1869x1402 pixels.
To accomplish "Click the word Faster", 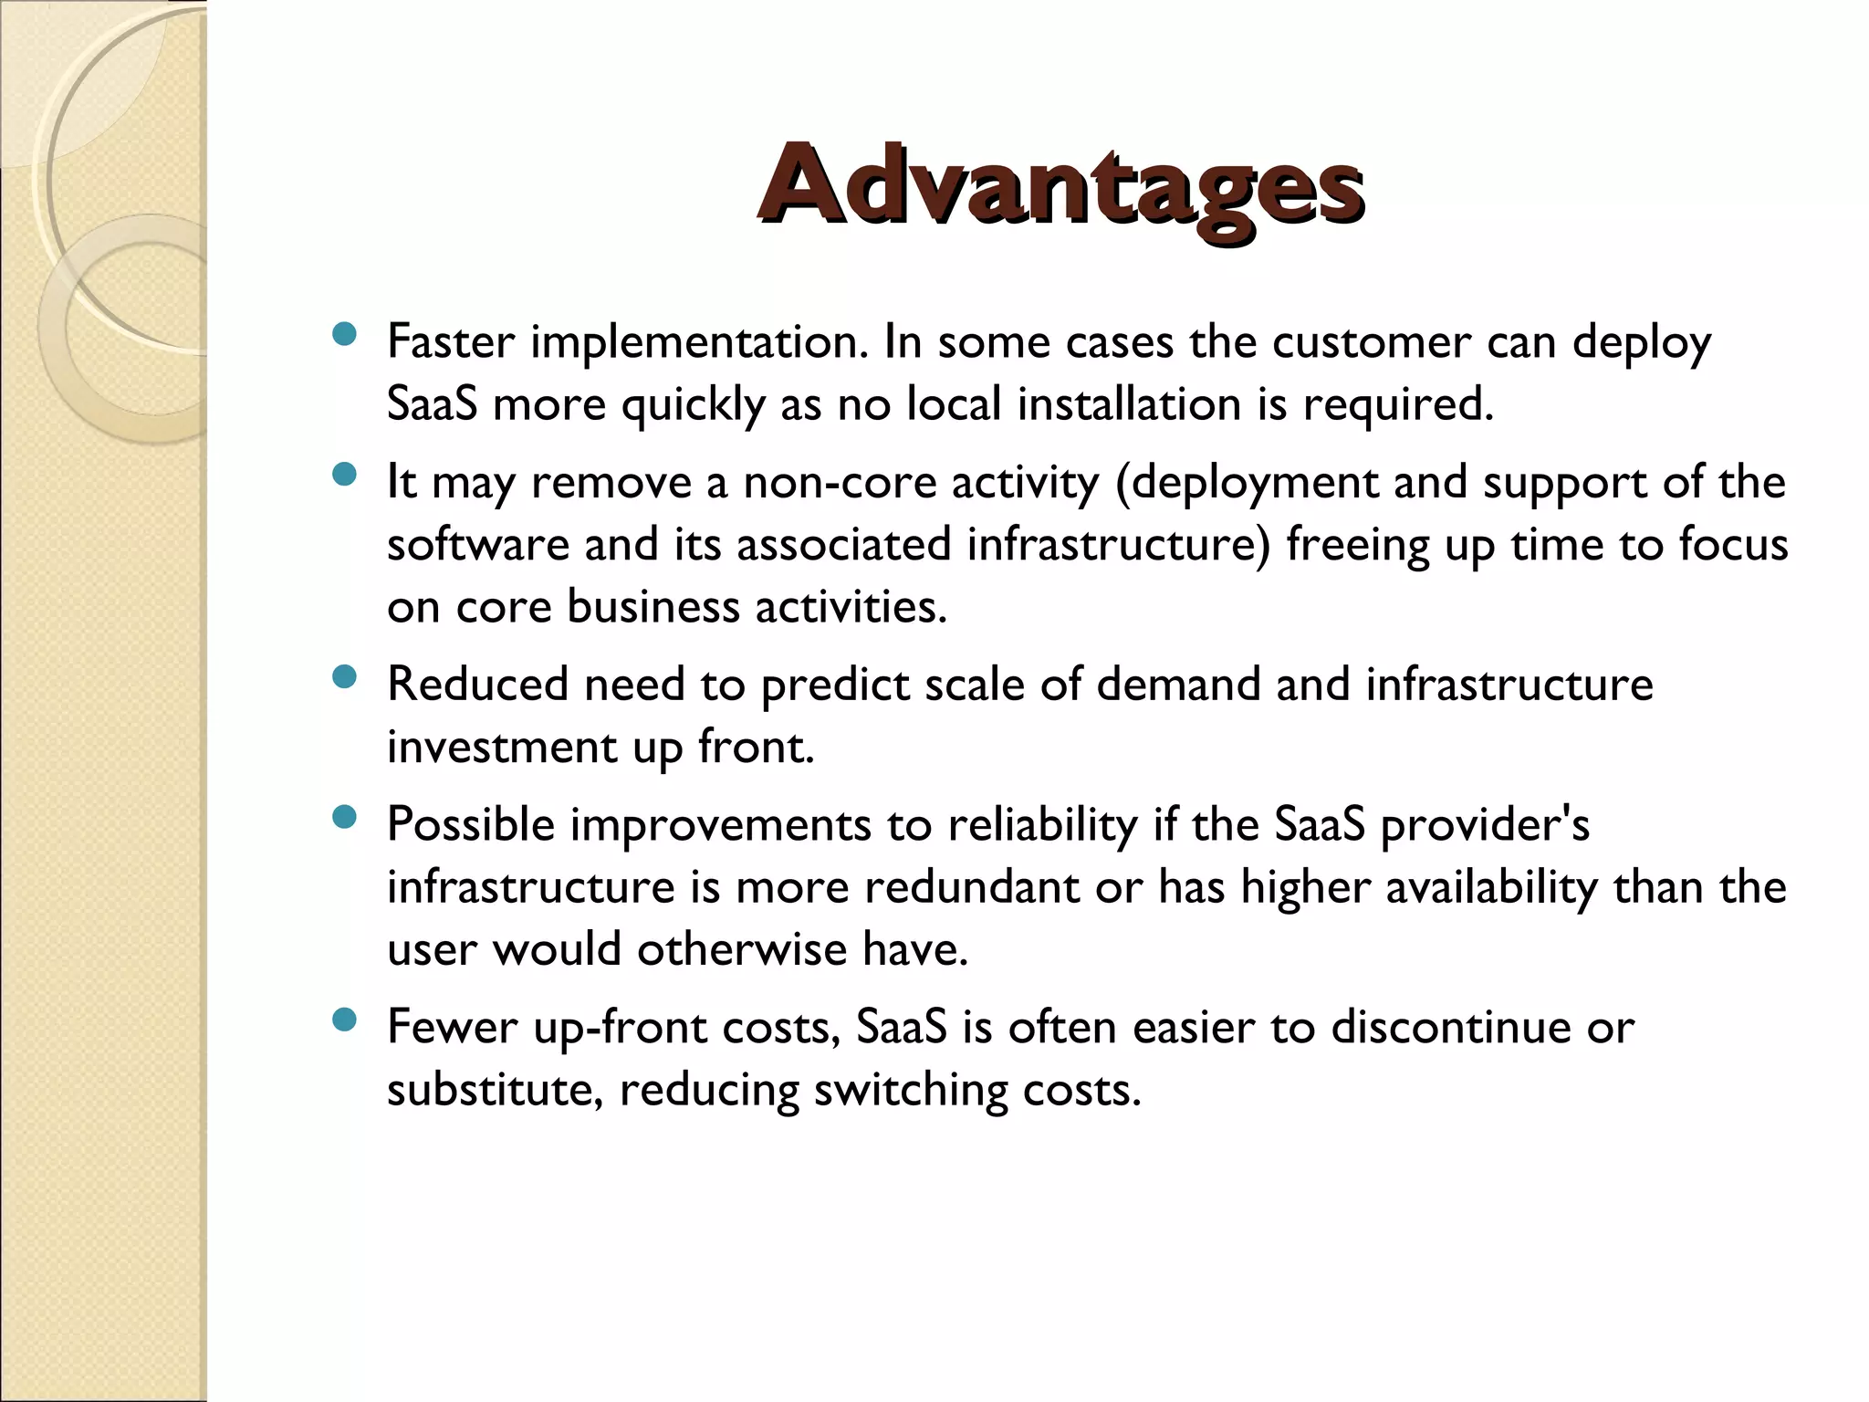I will pyautogui.click(x=451, y=342).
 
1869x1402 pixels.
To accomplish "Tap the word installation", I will pyautogui.click(x=1129, y=404).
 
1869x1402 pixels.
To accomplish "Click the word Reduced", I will pyautogui.click(x=477, y=685).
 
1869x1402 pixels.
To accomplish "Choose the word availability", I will pyautogui.click(x=1492, y=887).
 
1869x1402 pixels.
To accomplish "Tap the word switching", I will pyautogui.click(x=910, y=1090).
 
